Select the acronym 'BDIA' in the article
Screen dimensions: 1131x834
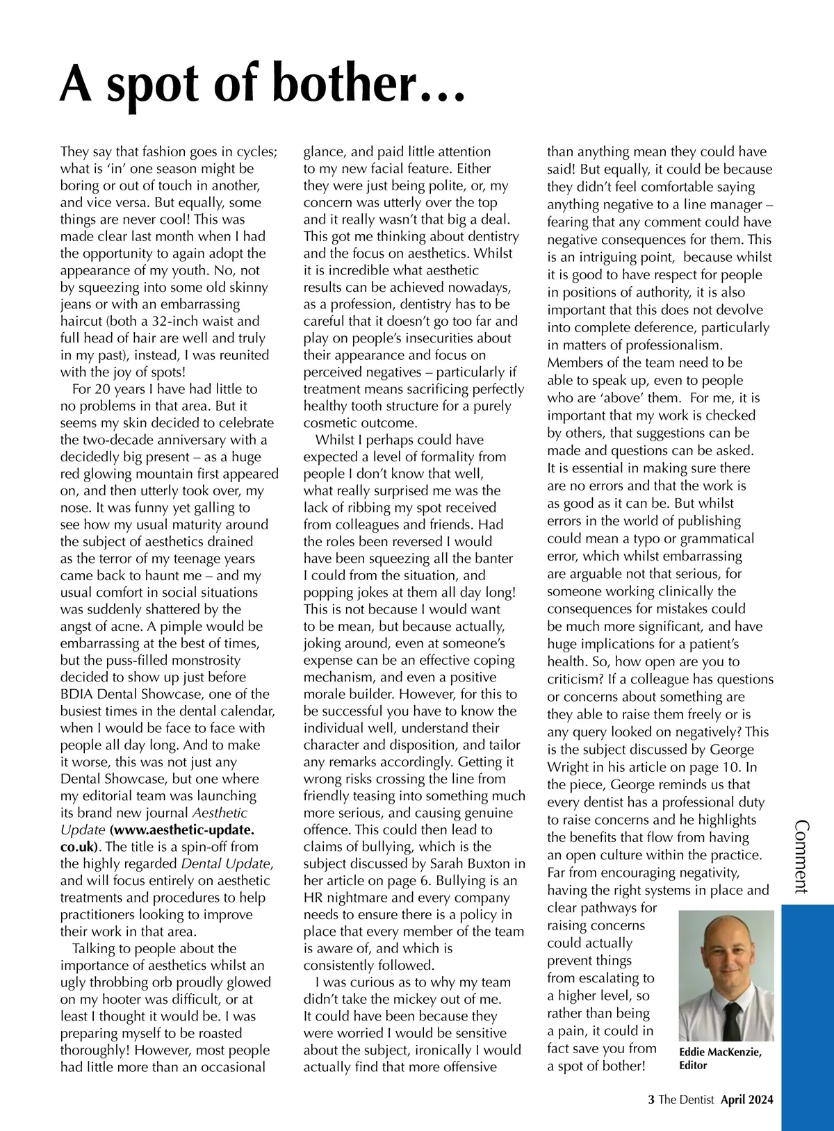click(x=77, y=694)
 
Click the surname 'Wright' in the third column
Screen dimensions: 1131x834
click(x=568, y=767)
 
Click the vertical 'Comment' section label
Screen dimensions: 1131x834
click(x=801, y=856)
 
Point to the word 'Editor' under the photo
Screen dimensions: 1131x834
click(x=693, y=1065)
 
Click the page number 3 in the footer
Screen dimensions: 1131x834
click(x=651, y=1100)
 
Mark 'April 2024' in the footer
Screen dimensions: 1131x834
click(x=746, y=1100)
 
